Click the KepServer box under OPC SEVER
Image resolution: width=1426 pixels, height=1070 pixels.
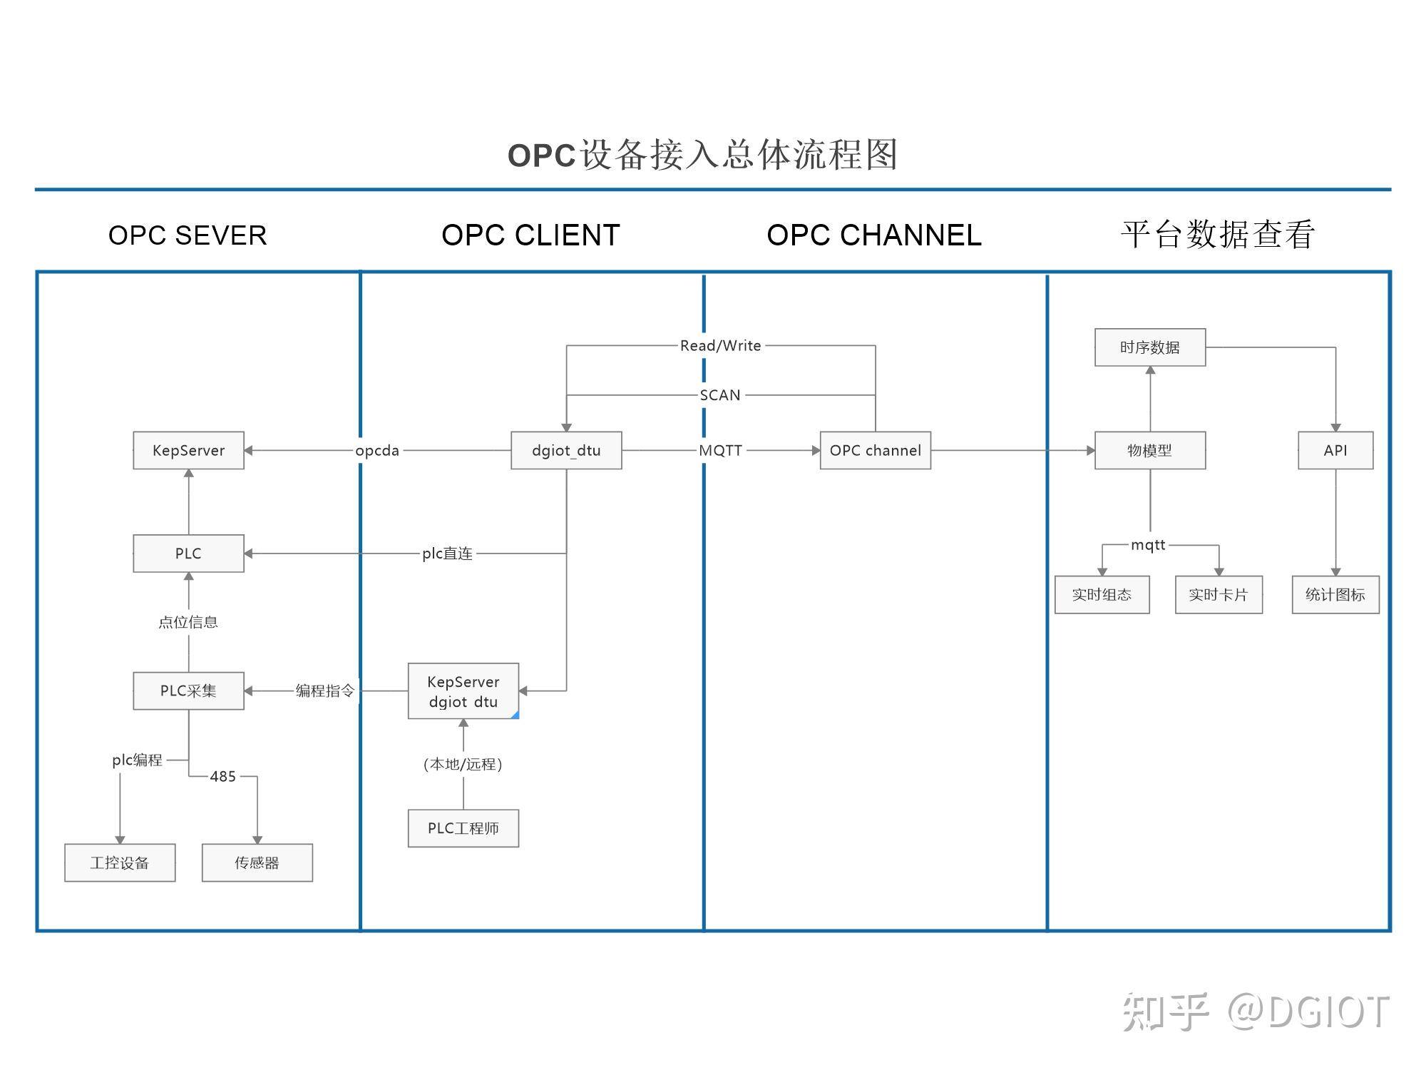(x=188, y=450)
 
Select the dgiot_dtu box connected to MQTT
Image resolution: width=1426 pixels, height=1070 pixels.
(x=566, y=450)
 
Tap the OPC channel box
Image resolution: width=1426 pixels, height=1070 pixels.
(x=875, y=450)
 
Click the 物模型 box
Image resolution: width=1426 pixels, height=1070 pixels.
(x=1149, y=450)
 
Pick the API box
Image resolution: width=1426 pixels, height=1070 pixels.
(x=1335, y=450)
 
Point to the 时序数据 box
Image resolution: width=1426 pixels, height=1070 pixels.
(x=1149, y=347)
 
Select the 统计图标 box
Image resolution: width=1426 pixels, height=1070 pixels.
(x=1335, y=594)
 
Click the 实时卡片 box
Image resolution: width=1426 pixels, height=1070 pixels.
(x=1218, y=594)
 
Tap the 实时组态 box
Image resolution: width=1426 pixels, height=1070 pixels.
(x=1102, y=594)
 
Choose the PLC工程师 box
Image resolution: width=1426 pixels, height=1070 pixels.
(x=463, y=828)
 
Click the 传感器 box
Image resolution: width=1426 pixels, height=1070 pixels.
(x=257, y=862)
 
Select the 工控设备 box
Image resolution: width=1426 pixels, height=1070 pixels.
(x=120, y=862)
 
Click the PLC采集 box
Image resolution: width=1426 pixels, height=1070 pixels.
(x=188, y=691)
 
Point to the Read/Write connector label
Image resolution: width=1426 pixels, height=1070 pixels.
(x=720, y=345)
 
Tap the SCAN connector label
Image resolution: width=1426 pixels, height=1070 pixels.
(x=720, y=394)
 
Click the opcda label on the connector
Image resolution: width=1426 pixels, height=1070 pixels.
(x=377, y=450)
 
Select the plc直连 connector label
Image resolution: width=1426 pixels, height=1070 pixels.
(x=447, y=553)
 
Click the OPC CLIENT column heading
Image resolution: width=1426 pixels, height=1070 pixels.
(x=530, y=235)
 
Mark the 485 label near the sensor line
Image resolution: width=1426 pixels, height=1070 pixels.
(x=222, y=776)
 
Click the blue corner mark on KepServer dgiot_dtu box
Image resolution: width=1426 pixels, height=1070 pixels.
(x=515, y=715)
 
